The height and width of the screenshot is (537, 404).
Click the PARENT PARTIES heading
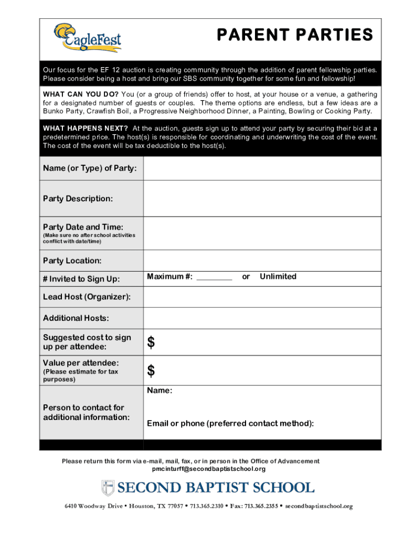click(x=295, y=35)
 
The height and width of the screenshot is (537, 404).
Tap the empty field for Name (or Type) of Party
click(x=262, y=168)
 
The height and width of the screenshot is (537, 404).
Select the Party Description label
click(x=78, y=199)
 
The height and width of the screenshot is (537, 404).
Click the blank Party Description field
click(x=262, y=199)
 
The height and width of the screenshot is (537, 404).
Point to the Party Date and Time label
click(x=83, y=227)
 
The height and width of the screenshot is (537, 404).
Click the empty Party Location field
click(x=262, y=261)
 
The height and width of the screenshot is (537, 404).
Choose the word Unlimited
click(x=278, y=276)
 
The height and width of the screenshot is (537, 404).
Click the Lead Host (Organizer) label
click(x=87, y=297)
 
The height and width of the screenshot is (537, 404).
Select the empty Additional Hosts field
click(x=262, y=318)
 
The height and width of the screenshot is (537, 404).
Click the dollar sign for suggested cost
click(x=151, y=343)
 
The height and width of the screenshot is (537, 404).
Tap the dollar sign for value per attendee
click(x=151, y=371)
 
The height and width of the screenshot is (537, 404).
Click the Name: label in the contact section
click(x=160, y=391)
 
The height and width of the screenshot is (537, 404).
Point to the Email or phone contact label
click(x=230, y=424)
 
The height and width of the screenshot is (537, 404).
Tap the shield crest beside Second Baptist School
click(x=107, y=488)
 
